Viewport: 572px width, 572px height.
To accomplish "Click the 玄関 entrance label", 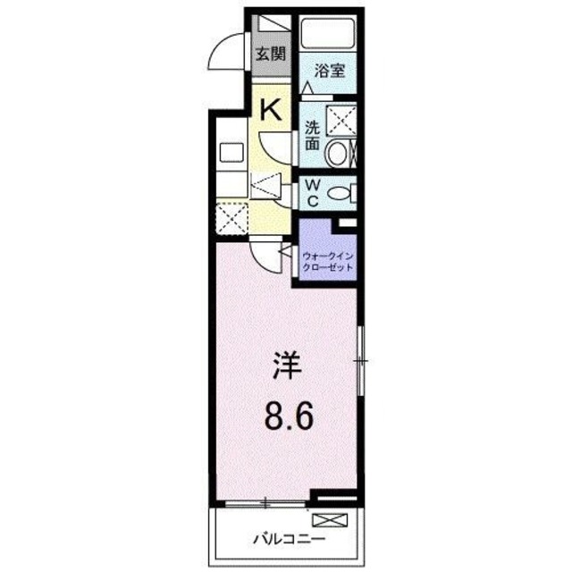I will pyautogui.click(x=271, y=53).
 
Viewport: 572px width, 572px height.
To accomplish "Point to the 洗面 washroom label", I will pyautogui.click(x=312, y=134).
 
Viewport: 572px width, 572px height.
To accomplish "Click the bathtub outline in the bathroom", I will pyautogui.click(x=328, y=34).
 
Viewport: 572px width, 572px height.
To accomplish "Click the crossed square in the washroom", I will pyautogui.click(x=342, y=119).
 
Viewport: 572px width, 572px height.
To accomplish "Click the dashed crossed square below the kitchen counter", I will pyautogui.click(x=231, y=218).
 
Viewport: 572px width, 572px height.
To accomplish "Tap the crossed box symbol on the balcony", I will pyautogui.click(x=325, y=519).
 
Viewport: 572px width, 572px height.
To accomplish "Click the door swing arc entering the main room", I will pyautogui.click(x=265, y=256).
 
